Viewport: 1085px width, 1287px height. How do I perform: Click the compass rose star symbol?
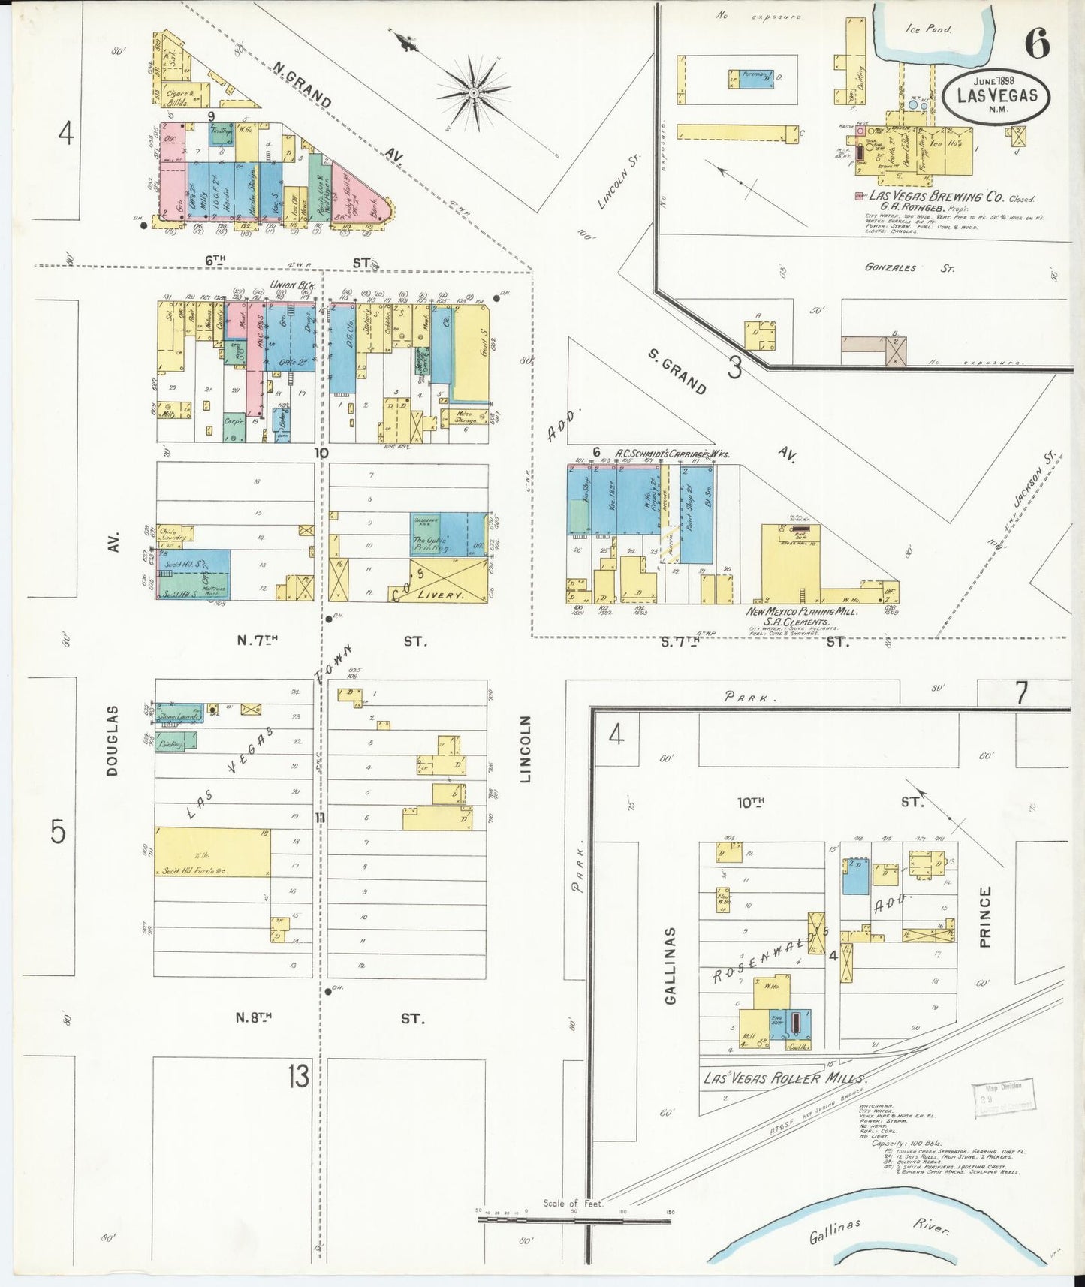click(474, 92)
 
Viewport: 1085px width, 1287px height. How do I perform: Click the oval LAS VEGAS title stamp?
click(996, 96)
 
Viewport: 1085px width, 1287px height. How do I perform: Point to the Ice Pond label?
click(928, 29)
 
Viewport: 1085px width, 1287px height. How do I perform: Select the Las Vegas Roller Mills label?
click(783, 1078)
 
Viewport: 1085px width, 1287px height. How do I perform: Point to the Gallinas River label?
click(879, 1230)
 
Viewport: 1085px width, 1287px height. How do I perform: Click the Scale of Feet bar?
click(574, 1220)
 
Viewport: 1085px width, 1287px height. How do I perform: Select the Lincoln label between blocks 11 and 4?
click(526, 749)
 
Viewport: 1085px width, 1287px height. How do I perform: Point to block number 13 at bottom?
click(298, 1076)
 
